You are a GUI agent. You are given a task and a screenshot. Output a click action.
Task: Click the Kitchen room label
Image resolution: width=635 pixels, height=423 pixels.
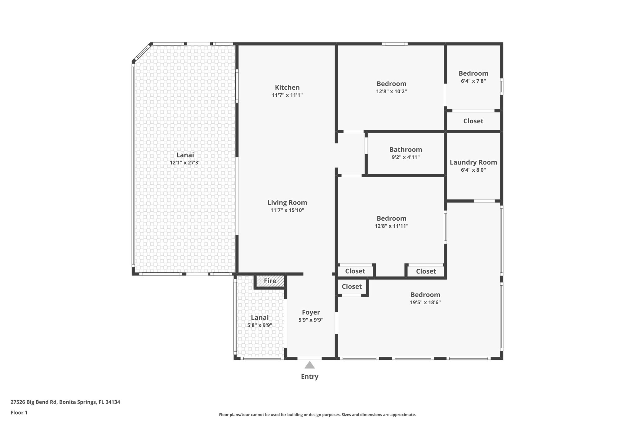pos(287,87)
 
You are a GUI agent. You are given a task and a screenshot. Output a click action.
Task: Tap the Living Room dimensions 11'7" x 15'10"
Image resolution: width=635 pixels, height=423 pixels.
pos(287,210)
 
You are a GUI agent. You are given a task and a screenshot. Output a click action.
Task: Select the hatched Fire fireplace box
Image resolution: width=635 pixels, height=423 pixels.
pos(270,281)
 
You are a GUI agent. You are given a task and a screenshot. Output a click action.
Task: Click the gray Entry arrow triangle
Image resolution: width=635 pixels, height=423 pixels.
pos(309,365)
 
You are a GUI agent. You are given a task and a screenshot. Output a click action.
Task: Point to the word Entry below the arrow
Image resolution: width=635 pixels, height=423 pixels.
pos(309,377)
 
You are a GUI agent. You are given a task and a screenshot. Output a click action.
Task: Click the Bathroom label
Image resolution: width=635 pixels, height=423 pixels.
pos(406,150)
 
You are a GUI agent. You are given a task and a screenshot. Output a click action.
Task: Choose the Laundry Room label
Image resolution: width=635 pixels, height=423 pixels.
pos(473,162)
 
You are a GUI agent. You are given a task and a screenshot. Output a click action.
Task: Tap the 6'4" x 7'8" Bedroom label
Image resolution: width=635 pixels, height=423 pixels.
pos(473,73)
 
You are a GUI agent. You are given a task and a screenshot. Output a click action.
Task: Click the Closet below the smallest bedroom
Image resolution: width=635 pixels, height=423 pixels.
pos(473,121)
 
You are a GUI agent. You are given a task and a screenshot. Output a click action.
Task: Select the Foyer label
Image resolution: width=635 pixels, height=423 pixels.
pos(311,312)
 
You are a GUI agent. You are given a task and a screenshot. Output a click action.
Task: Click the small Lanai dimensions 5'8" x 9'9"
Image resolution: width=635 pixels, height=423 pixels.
pos(260,325)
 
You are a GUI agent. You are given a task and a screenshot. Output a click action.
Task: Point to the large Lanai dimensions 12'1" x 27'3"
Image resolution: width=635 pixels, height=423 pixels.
pos(185,162)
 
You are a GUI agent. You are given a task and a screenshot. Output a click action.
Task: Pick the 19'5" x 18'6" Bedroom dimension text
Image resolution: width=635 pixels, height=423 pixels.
pos(425,302)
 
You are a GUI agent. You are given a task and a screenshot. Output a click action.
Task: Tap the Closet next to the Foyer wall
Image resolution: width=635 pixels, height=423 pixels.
pos(352,287)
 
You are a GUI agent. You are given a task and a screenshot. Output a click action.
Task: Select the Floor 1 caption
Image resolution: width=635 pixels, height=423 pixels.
pos(19,412)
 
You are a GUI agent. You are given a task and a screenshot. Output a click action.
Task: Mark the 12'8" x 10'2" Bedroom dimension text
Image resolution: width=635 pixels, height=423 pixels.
pos(391,91)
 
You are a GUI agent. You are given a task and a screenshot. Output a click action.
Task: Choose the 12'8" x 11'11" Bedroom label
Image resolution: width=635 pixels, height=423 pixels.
pos(391,218)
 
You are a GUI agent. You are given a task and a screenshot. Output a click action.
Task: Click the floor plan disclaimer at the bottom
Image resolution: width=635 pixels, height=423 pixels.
pos(317,415)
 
